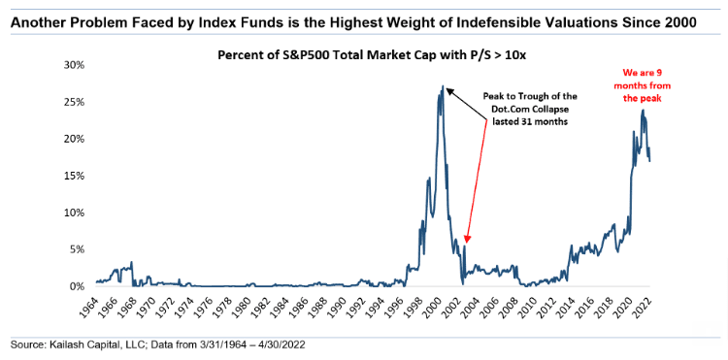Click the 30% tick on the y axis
pos(74,65)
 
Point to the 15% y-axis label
pos(74,176)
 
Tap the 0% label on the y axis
pos(76,286)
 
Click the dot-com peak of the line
pos(443,85)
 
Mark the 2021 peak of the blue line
pos(643,110)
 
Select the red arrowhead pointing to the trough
pos(467,239)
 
